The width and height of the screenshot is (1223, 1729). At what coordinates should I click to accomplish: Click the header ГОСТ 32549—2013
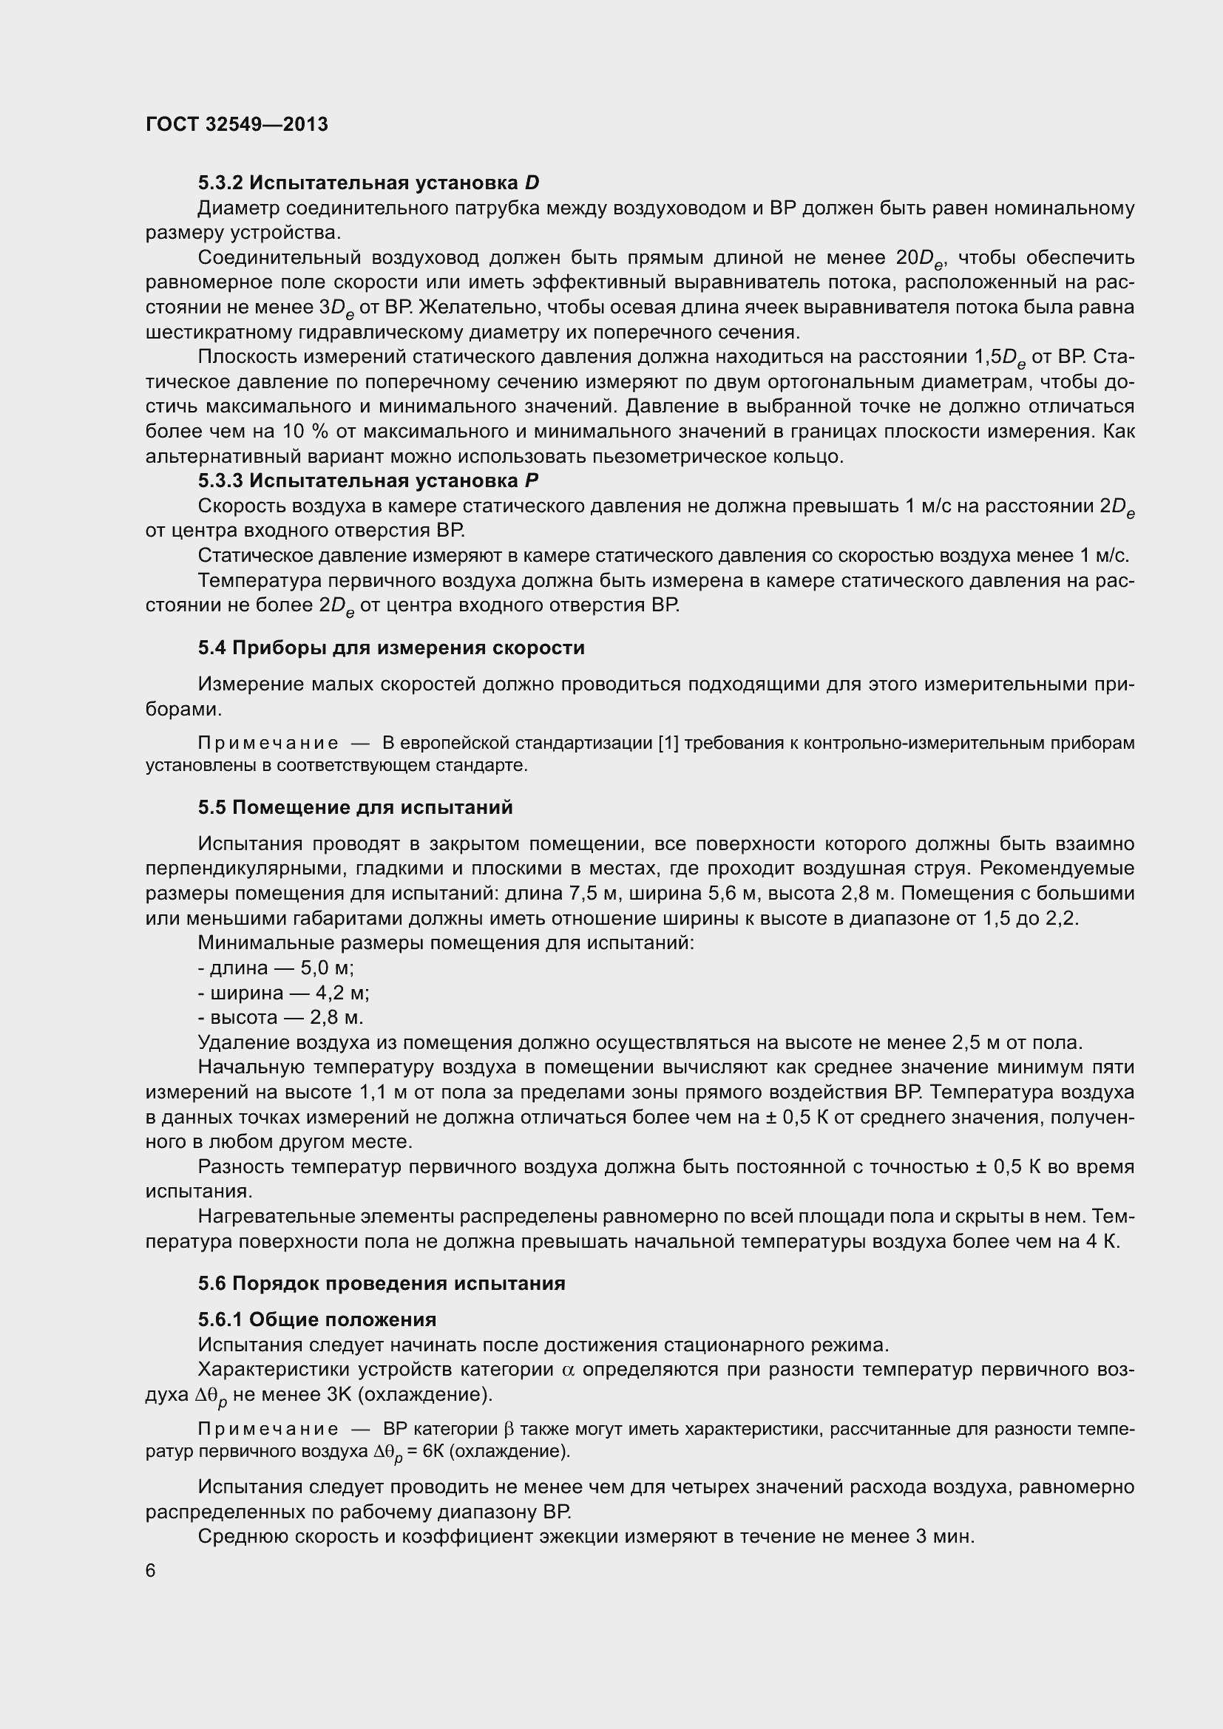(x=237, y=124)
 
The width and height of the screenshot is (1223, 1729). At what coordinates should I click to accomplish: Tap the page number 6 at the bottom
(x=151, y=1570)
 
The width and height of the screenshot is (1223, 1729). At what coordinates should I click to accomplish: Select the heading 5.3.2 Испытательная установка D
(x=368, y=183)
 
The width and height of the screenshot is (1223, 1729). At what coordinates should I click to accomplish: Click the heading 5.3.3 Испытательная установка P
(x=367, y=480)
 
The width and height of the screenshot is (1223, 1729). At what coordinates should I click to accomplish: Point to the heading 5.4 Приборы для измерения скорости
(x=391, y=648)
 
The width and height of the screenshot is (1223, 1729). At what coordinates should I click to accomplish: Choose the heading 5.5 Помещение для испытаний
(x=355, y=807)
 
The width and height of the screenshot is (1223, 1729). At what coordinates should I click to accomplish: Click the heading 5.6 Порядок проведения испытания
(x=381, y=1283)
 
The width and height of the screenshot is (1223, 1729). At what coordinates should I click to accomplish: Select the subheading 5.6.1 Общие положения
(x=317, y=1319)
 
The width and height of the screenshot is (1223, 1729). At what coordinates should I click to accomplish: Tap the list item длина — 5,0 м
(x=276, y=968)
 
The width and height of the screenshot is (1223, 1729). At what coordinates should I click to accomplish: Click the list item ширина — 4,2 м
(x=283, y=993)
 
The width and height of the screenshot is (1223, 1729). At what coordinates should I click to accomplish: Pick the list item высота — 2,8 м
(x=280, y=1017)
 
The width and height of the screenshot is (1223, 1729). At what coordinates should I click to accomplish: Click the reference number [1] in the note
(x=668, y=743)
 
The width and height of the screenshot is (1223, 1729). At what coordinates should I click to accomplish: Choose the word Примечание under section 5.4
(x=268, y=743)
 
